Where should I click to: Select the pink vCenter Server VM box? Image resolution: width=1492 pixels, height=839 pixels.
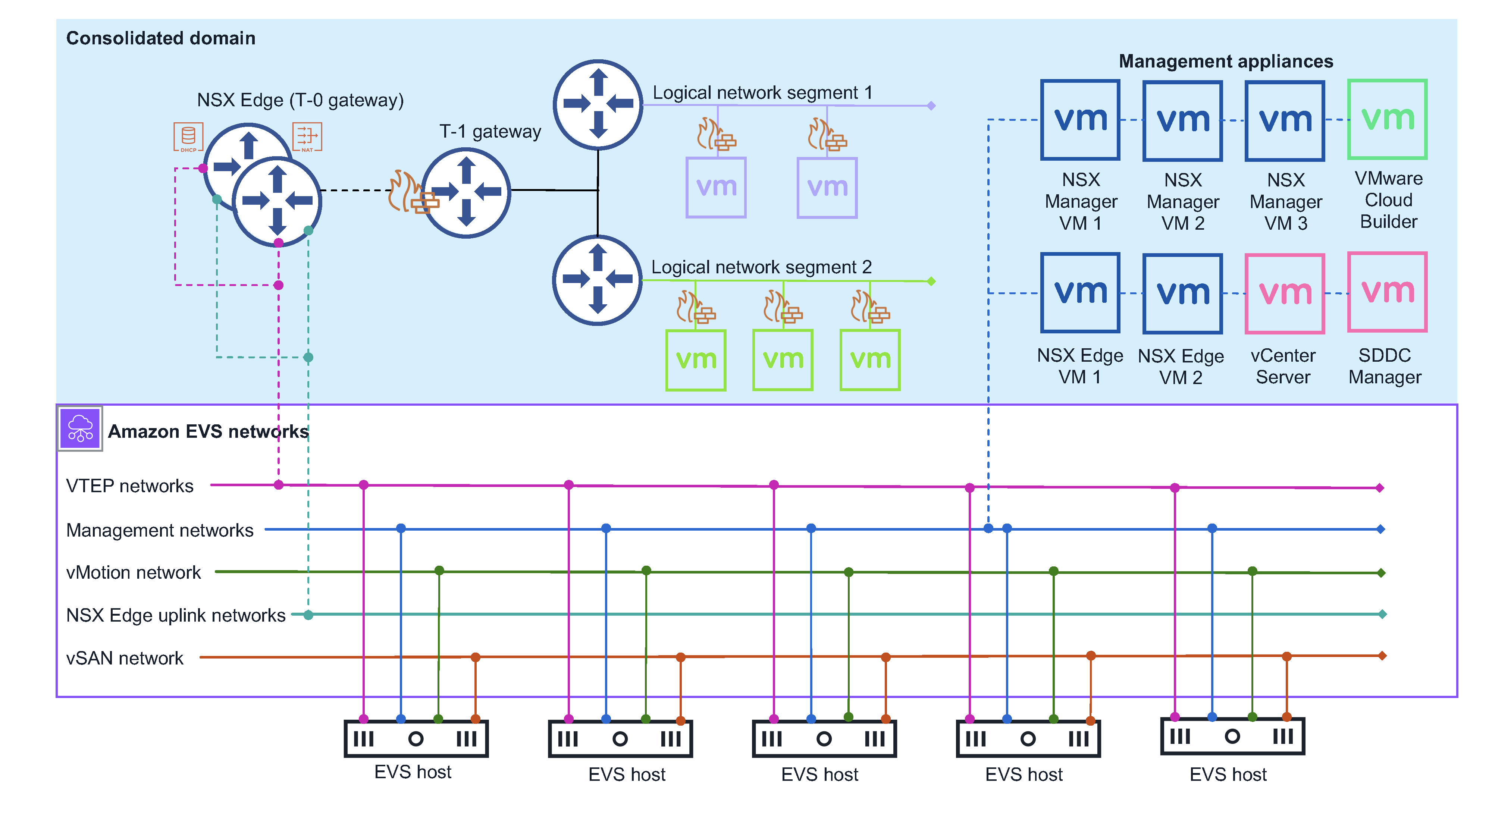[1284, 293]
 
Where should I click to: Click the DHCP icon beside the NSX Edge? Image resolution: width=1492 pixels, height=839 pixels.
[188, 137]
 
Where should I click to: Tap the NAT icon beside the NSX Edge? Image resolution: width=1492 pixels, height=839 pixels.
[307, 137]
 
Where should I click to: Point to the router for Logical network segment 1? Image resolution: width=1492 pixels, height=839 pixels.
[598, 104]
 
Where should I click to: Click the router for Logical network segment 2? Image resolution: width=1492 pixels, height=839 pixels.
[597, 280]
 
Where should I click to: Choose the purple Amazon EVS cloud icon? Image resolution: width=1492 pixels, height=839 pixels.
[80, 428]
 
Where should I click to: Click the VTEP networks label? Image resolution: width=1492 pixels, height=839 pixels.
[130, 486]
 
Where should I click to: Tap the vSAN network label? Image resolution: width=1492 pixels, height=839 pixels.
[125, 659]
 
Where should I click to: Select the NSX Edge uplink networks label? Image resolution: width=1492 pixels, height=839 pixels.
[175, 615]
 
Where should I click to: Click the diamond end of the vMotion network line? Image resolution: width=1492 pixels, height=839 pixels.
[1381, 573]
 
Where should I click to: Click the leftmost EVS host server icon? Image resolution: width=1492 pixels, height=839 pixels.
[416, 738]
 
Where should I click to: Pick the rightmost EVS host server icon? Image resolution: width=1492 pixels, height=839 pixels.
[1232, 736]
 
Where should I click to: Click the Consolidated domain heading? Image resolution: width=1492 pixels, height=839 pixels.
[160, 38]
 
